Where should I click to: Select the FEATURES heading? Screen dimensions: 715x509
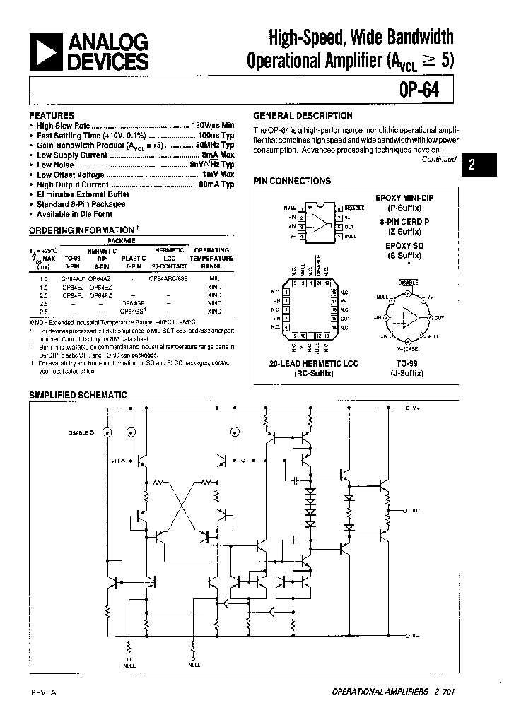click(x=51, y=115)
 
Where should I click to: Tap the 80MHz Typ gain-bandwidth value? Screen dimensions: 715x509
click(x=214, y=145)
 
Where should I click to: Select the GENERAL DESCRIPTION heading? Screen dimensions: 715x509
click(x=303, y=116)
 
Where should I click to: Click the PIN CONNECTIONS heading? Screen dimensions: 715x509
click(x=292, y=181)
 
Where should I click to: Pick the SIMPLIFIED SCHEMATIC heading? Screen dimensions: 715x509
click(x=78, y=395)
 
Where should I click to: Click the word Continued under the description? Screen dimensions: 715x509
click(x=439, y=159)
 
